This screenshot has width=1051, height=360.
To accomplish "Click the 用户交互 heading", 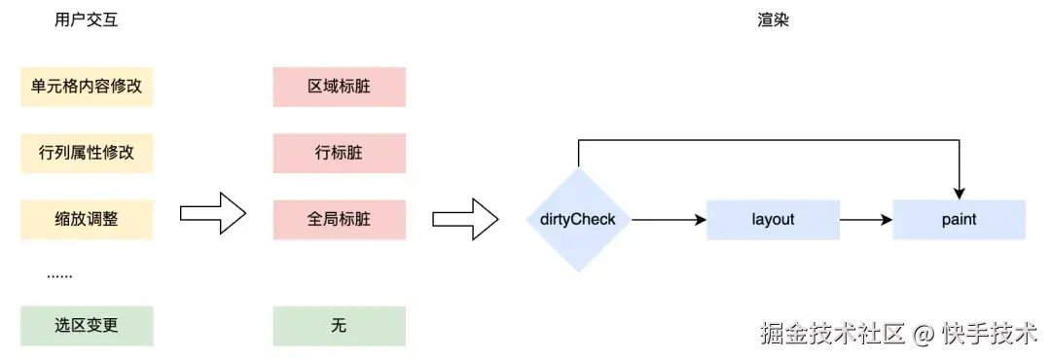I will [x=87, y=20].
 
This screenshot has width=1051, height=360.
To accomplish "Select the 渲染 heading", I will [x=773, y=20].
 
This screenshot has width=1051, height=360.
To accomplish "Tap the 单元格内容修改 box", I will [x=87, y=87].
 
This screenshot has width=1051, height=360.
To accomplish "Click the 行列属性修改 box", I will [x=87, y=153].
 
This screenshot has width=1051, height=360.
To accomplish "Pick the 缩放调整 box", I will [x=87, y=219].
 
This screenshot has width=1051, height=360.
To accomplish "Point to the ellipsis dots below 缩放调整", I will [x=59, y=275].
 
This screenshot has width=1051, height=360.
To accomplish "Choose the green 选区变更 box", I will [x=87, y=326].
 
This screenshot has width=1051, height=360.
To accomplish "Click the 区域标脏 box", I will [x=339, y=87].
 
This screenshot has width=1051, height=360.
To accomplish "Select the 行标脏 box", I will [x=339, y=153].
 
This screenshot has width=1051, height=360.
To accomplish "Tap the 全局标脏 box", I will [x=339, y=219].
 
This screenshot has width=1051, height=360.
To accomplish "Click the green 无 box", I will [x=339, y=326].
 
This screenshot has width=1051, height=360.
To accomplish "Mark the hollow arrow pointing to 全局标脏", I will [x=214, y=213].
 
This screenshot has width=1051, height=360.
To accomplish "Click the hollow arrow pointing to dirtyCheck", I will [x=465, y=219].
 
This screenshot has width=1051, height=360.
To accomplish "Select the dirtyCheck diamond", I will [x=578, y=220].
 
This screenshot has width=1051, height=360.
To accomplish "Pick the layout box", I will [x=773, y=220].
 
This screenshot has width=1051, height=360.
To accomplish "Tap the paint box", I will [x=959, y=220].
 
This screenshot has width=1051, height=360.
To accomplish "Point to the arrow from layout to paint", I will [x=866, y=220].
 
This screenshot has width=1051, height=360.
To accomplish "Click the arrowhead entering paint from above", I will [x=960, y=192].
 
